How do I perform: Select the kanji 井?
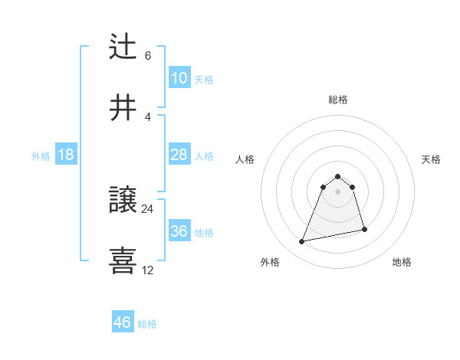click(x=123, y=106)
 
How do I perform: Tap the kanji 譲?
click(x=123, y=200)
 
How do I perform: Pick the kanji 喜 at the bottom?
click(x=123, y=260)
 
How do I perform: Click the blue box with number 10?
click(x=179, y=78)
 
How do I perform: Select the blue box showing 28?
click(x=179, y=155)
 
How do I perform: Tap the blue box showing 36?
click(x=179, y=231)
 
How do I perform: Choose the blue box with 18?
click(x=66, y=155)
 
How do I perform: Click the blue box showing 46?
click(x=123, y=322)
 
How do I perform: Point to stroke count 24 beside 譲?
click(x=148, y=208)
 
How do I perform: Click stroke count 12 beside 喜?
click(x=148, y=270)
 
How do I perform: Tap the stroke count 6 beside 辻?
click(x=148, y=56)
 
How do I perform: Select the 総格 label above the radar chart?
click(x=338, y=100)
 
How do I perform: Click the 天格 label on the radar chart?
click(x=432, y=159)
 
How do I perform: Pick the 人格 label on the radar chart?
click(x=245, y=159)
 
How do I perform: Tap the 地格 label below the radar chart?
click(x=402, y=262)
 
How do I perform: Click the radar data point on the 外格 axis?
click(x=302, y=242)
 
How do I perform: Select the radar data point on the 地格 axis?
click(x=364, y=229)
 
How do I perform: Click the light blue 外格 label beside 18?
click(x=41, y=155)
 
